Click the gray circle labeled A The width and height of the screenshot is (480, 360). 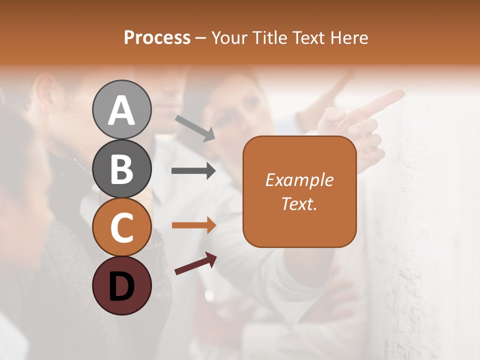[x=121, y=109]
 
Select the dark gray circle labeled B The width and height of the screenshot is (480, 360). [x=121, y=168]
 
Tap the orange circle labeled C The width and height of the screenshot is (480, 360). [x=121, y=227]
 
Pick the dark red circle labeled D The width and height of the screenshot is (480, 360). [x=121, y=285]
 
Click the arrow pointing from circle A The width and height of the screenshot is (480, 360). [x=195, y=128]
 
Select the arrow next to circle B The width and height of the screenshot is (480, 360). [x=193, y=171]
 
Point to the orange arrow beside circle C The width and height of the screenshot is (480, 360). [x=193, y=225]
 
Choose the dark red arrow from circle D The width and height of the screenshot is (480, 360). [x=195, y=263]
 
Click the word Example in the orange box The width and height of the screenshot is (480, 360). [x=299, y=180]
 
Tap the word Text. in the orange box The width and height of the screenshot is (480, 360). [x=299, y=203]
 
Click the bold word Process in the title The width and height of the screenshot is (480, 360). [x=157, y=37]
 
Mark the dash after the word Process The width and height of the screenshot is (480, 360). [x=201, y=38]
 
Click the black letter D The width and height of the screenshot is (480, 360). [x=121, y=286]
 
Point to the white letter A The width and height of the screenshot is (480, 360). [x=121, y=110]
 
